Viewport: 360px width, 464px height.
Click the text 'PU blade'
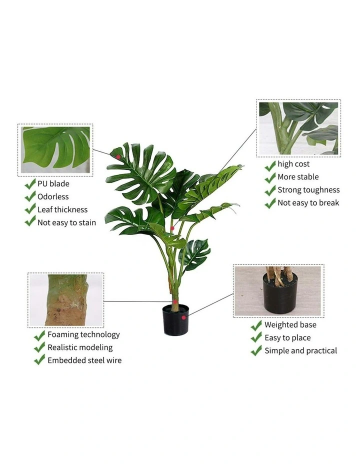coord(53,184)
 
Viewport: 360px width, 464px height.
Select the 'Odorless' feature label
coord(53,197)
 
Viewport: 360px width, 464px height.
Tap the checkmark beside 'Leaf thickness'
coord(30,209)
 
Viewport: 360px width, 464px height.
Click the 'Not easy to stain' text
coord(66,223)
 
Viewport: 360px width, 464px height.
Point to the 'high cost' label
coord(293,164)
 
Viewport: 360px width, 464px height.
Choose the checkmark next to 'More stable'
coord(270,177)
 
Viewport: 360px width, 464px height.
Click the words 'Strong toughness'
coord(308,190)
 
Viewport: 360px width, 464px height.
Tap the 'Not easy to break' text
coord(308,203)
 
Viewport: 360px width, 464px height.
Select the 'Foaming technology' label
coord(83,334)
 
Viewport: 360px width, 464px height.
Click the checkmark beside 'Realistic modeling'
coord(39,347)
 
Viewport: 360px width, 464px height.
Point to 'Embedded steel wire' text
coord(84,360)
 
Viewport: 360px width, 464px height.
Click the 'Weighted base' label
coord(290,325)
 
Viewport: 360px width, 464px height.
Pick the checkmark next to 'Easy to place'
coord(256,337)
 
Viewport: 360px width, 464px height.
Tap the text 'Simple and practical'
coord(301,351)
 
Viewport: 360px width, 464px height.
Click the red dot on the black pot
coord(183,317)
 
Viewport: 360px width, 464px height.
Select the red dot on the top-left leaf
coord(118,157)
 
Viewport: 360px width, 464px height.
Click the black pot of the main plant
coord(175,320)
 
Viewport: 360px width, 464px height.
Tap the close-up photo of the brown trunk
coord(66,300)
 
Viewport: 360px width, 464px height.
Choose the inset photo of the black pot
coord(278,291)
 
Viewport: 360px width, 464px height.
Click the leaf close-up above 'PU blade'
coord(55,150)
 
